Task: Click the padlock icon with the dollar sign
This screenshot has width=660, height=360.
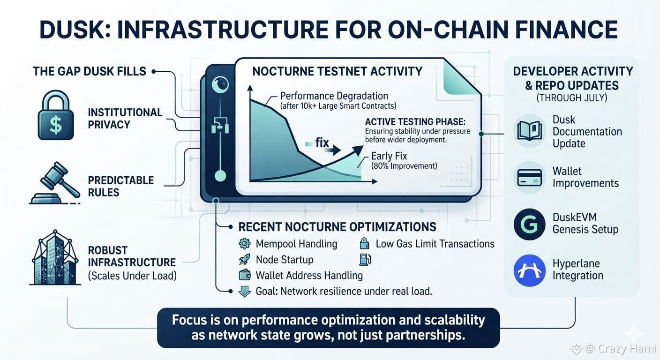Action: [56, 115]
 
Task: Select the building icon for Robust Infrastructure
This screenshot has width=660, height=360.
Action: [55, 257]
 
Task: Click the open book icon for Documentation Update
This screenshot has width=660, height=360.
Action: [530, 131]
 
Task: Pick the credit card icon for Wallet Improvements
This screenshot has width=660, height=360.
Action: [530, 178]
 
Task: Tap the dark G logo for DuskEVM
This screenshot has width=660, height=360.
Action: [530, 224]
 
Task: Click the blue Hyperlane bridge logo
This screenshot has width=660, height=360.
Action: [530, 270]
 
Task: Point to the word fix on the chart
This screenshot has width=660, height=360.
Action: [322, 142]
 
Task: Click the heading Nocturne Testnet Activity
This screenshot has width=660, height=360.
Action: [337, 71]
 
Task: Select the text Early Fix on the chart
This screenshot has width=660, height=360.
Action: [389, 156]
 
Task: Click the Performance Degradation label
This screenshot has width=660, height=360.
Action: [334, 96]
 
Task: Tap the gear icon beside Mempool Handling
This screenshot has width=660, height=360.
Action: [245, 244]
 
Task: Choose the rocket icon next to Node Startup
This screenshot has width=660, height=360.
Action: [245, 260]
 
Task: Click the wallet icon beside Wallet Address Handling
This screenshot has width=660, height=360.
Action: [245, 276]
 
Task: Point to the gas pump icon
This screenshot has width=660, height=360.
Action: [365, 260]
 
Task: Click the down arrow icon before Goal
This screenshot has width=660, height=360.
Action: [245, 292]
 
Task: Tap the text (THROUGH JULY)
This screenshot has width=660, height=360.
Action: [572, 97]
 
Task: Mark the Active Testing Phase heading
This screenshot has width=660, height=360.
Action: [415, 122]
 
